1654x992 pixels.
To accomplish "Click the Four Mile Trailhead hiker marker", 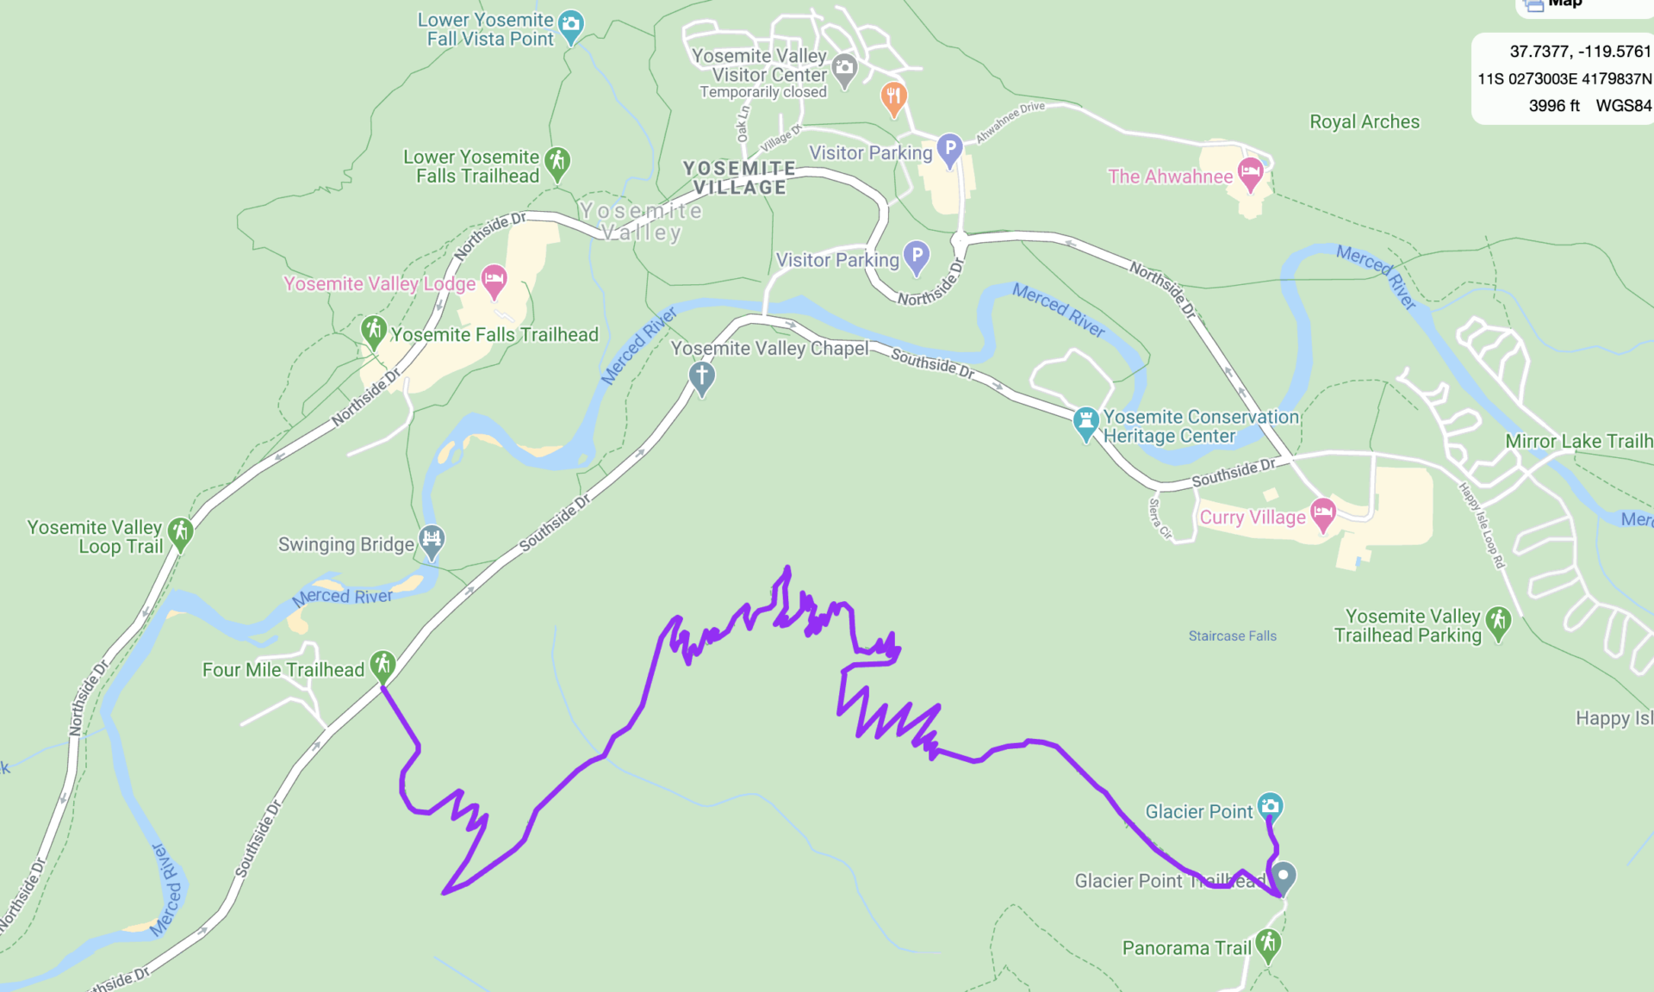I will coord(382,664).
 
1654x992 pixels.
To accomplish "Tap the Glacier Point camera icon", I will coord(1270,806).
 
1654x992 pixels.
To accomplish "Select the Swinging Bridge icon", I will coord(432,540).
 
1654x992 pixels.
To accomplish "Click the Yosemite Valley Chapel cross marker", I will coord(701,376).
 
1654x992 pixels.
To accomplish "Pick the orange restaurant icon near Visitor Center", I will coord(893,96).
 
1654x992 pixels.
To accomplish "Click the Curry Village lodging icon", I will coord(1322,513).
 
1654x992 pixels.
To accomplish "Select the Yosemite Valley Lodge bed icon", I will coord(494,279).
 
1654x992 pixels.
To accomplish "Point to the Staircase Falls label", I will coord(1232,635).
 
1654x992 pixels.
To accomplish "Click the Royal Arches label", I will coord(1364,121).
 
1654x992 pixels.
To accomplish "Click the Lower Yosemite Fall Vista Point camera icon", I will coord(570,25).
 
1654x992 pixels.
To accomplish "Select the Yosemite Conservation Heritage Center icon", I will coord(1085,422).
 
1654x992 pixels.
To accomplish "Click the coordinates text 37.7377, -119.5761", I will coord(1579,51).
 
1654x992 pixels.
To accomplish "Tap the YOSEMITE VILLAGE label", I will coord(739,177).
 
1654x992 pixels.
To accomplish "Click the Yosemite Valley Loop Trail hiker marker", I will coord(180,532).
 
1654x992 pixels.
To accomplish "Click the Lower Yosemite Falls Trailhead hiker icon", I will coord(557,161).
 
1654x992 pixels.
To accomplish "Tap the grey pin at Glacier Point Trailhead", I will coord(1283,877).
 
